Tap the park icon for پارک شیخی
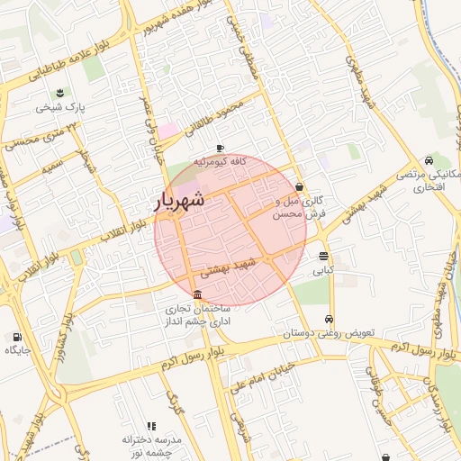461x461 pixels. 60,93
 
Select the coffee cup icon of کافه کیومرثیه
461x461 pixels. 221,149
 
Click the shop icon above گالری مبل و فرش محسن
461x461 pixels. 298,188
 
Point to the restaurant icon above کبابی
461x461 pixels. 323,257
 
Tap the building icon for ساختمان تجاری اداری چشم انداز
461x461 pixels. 197,295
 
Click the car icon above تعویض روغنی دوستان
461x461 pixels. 330,320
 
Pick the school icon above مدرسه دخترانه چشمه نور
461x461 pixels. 151,426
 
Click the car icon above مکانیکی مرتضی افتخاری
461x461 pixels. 437,159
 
